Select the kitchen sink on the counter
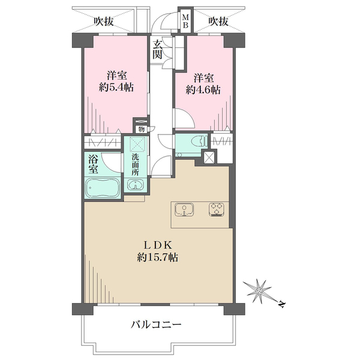coord(182,210)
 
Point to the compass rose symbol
coord(259,291)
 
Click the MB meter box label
coord(185,23)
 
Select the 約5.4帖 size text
coord(116,87)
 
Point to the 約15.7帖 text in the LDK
coord(157,257)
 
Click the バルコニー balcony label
coord(157,325)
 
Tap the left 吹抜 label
coord(104,22)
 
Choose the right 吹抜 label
coord(218,22)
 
